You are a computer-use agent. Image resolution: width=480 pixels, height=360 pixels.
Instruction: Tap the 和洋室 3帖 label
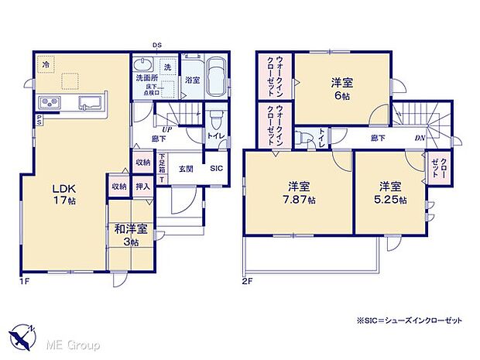pos(124,235)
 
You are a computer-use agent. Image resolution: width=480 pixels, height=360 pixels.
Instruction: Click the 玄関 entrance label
pos(187,168)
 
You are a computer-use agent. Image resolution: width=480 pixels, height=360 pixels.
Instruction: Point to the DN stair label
pos(419,139)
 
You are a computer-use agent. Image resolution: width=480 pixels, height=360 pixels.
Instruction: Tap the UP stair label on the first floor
pos(167,129)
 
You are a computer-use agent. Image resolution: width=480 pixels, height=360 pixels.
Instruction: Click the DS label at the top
pos(156,45)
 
